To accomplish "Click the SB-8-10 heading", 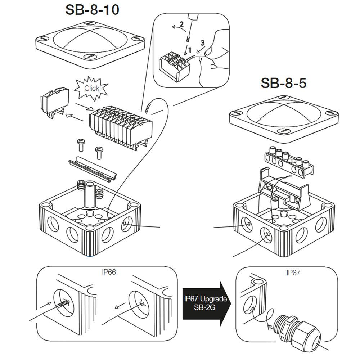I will click(92, 10).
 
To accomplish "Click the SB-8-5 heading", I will click(283, 84).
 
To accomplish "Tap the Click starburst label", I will click(91, 88).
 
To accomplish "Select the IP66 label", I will click(108, 273).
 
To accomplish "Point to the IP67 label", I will click(293, 273).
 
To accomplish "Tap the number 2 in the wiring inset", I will click(182, 24).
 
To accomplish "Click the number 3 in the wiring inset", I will click(203, 42).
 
